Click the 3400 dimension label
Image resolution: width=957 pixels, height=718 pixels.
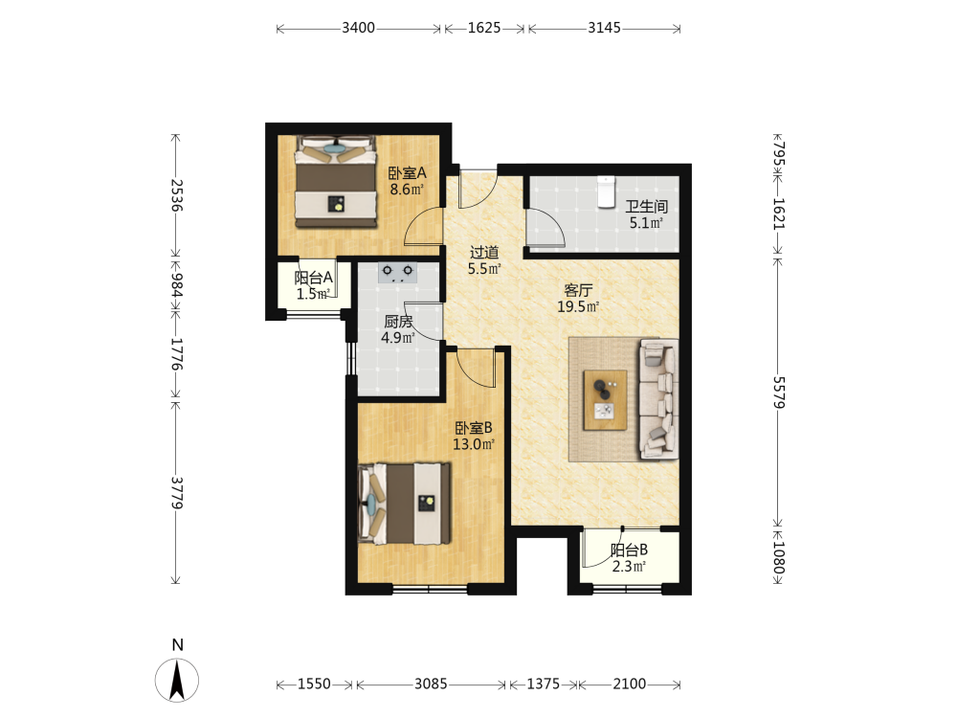click(x=358, y=28)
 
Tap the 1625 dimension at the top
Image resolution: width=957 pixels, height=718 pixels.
click(x=484, y=28)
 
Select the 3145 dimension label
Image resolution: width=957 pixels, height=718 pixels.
click(x=604, y=28)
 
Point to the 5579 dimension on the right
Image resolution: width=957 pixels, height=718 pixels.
click(x=779, y=392)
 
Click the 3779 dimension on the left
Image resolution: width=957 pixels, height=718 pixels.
click(x=176, y=493)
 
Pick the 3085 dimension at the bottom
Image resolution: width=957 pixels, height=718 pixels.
click(x=431, y=684)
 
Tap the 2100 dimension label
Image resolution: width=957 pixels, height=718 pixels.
click(x=630, y=684)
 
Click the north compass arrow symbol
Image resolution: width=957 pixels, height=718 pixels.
click(x=177, y=680)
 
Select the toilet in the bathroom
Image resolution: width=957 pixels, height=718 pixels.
click(x=606, y=191)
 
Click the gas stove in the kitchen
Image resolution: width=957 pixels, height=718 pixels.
click(x=397, y=272)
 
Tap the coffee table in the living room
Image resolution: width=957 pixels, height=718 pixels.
click(x=605, y=400)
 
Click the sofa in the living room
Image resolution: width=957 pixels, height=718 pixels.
click(x=658, y=399)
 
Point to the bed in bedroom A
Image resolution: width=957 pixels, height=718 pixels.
click(x=336, y=181)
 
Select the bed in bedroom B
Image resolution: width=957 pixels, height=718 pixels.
click(x=405, y=504)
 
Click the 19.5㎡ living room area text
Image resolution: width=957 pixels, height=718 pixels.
click(x=578, y=307)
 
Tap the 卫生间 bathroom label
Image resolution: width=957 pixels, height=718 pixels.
click(x=646, y=207)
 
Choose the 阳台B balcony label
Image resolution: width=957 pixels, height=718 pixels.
click(x=630, y=550)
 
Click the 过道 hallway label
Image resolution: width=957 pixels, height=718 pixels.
click(x=484, y=252)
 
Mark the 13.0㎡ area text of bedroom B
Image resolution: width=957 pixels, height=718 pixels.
click(x=474, y=444)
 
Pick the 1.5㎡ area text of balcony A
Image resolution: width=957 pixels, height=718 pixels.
click(x=313, y=294)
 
